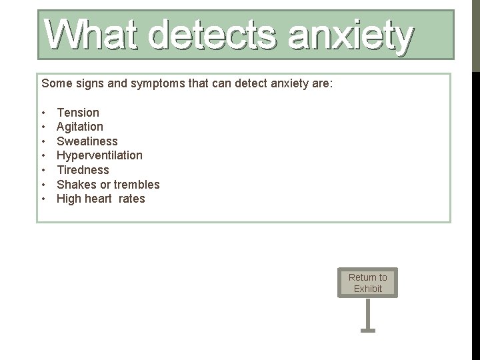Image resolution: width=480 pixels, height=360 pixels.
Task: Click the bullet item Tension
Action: click(78, 113)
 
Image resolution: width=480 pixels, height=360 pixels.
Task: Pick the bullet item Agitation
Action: click(80, 127)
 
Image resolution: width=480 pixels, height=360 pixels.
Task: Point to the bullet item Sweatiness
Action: click(87, 141)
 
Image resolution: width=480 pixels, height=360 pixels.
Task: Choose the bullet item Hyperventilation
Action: click(99, 155)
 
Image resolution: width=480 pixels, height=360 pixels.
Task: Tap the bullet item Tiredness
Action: click(83, 170)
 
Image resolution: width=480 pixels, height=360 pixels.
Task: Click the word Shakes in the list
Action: click(75, 185)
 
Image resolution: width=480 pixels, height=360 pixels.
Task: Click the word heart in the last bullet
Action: click(99, 199)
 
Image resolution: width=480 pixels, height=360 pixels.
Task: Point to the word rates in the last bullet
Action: click(131, 199)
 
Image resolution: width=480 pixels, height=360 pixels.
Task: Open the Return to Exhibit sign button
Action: click(367, 283)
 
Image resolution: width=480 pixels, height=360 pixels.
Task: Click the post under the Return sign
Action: click(367, 313)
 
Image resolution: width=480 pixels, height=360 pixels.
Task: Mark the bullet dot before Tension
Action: click(43, 113)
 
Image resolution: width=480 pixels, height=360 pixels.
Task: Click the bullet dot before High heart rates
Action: click(43, 199)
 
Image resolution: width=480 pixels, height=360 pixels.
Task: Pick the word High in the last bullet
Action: click(69, 199)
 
